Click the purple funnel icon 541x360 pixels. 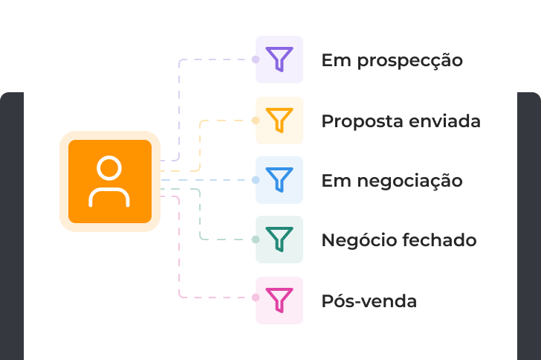tap(279, 60)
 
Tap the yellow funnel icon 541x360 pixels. tap(279, 120)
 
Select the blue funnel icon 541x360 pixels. tap(279, 180)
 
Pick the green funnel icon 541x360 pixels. tap(279, 240)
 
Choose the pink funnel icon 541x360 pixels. tap(279, 300)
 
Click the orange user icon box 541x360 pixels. tap(110, 181)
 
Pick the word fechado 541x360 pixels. tap(439, 241)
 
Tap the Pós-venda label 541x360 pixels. tap(369, 301)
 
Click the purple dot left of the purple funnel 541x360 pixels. tap(256, 60)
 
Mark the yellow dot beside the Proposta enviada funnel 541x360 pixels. tap(256, 120)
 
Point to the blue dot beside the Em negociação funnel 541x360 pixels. tap(256, 180)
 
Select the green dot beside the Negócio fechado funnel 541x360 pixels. tap(256, 240)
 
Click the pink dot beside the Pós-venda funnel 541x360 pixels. tap(256, 298)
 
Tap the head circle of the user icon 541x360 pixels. tap(109, 168)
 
